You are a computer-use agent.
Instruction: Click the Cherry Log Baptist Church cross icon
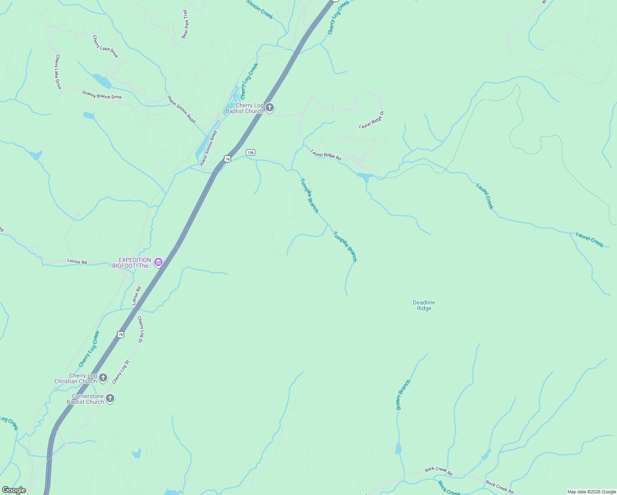269,108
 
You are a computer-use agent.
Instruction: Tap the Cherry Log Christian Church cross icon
103,377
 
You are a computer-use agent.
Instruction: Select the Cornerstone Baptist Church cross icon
110,398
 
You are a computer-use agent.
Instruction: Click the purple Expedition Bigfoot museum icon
158,262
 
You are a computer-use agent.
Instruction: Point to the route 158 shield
250,152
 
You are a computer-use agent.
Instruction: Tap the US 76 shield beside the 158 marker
227,159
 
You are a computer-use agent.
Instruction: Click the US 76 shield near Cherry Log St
120,334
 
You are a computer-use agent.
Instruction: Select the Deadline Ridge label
424,305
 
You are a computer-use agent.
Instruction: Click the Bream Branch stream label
403,394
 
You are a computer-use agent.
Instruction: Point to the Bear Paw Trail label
185,25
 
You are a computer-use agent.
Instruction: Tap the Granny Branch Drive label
102,94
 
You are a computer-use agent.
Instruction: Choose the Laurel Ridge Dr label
372,120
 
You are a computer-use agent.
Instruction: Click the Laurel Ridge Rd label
326,155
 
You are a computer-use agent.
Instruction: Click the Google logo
14,490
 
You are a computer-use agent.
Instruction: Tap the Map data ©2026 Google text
591,492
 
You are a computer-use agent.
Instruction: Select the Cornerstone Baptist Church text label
85,399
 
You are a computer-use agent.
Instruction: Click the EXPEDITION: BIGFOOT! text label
133,263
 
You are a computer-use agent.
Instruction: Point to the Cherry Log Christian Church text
76,378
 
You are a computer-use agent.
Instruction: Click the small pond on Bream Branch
398,449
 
